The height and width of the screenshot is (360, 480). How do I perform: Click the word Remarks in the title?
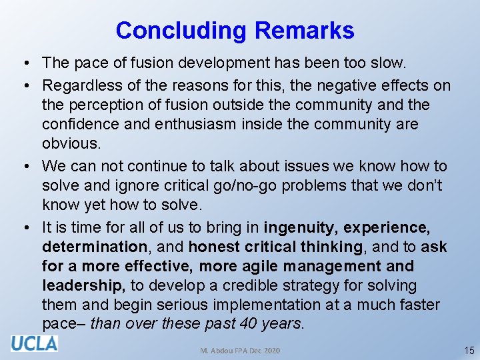tap(305, 31)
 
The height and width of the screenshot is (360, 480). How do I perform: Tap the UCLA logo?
tap(34, 343)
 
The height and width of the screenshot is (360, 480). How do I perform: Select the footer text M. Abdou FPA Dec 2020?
tap(240, 351)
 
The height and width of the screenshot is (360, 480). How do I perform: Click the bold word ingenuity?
tap(301, 227)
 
